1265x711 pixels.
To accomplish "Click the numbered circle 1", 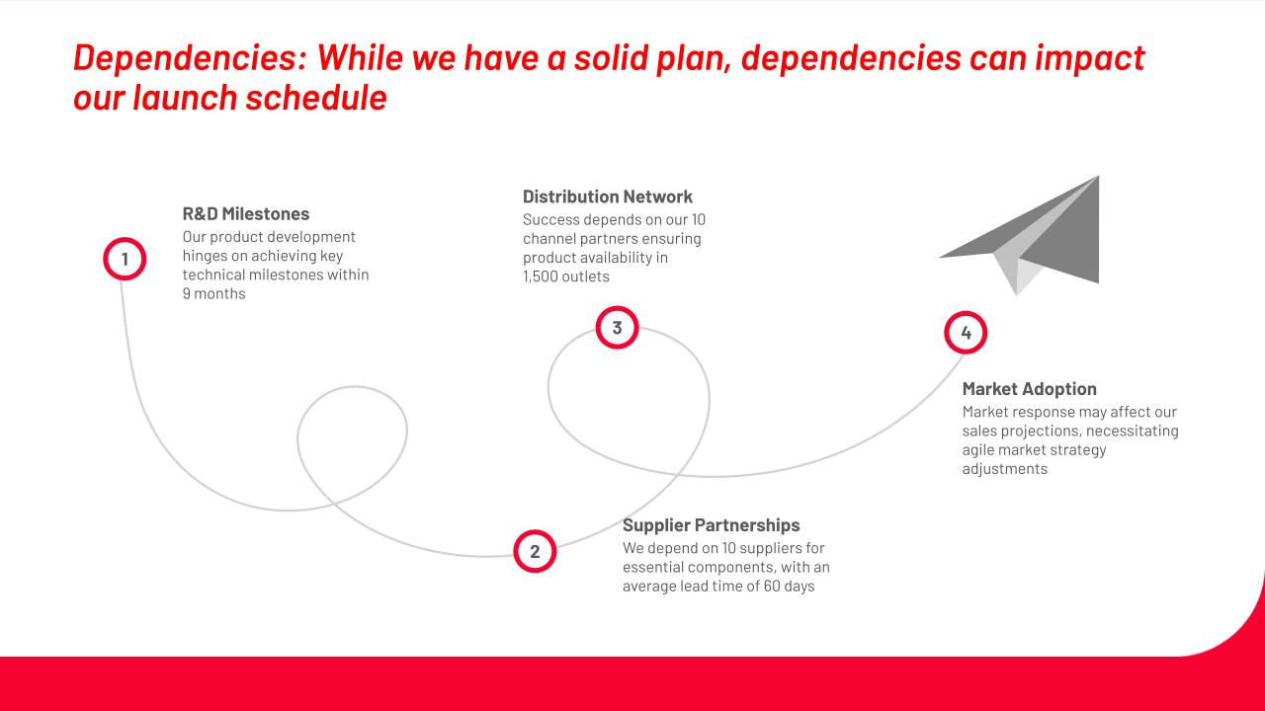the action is tap(125, 259).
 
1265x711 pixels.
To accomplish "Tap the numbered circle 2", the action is tap(535, 551).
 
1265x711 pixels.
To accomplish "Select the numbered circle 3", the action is tap(618, 328).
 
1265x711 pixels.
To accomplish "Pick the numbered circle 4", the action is tap(966, 333).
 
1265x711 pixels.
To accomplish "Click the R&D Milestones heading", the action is tap(246, 214).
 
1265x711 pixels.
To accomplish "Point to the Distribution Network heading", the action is tap(607, 197).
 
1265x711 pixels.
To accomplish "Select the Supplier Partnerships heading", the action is tap(711, 524).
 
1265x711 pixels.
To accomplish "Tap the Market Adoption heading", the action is tap(1030, 389).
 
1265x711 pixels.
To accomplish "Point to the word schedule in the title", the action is tap(316, 98).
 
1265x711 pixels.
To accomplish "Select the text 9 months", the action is tap(214, 293).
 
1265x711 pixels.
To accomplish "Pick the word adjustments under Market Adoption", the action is tap(1005, 469).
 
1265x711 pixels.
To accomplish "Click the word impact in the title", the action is tap(1089, 58).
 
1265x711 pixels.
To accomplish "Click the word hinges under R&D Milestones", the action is tap(205, 256).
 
